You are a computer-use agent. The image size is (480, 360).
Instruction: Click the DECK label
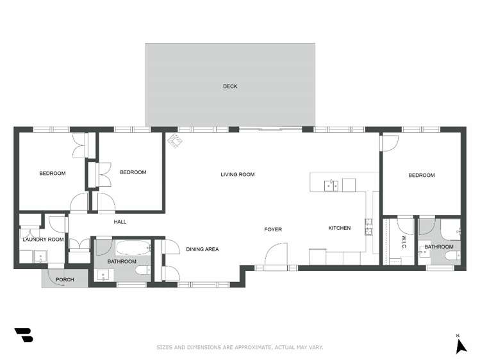(230, 86)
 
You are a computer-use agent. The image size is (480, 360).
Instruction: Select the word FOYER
(273, 229)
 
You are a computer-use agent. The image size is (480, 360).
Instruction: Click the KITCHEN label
(340, 228)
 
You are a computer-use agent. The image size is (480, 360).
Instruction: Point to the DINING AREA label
(203, 249)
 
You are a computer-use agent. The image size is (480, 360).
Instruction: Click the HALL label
(120, 222)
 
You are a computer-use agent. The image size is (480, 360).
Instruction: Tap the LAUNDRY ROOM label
(44, 240)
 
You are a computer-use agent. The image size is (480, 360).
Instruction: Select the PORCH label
(65, 280)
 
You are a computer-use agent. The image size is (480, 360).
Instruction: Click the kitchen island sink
(331, 186)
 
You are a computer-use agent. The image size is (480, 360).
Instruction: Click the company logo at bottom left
(24, 335)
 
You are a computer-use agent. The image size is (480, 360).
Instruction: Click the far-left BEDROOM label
(53, 173)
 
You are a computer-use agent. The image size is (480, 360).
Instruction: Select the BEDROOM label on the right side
(422, 175)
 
